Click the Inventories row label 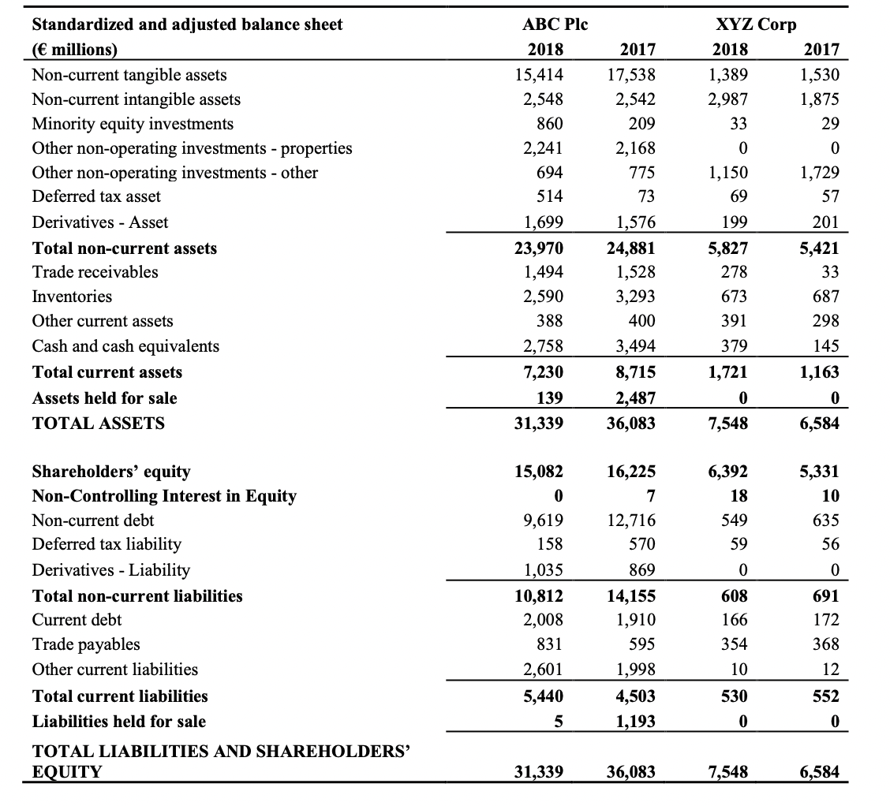pos(72,297)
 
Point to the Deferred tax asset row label pos(96,196)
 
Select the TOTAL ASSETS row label pos(99,424)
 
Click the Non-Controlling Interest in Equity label pos(164,496)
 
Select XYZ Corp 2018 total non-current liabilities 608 pos(735,596)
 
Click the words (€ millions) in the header pos(74,49)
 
